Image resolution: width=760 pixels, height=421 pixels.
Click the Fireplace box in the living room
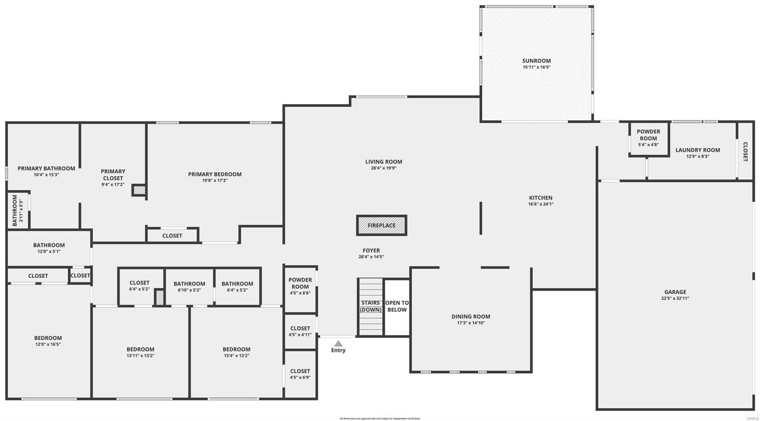click(381, 225)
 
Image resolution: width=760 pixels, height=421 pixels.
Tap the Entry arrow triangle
click(338, 344)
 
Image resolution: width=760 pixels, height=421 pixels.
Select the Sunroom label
click(536, 61)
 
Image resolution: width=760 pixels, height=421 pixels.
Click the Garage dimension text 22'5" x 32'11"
click(675, 298)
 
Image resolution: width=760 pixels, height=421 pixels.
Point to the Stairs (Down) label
click(370, 306)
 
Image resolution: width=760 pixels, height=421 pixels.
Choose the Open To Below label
click(397, 306)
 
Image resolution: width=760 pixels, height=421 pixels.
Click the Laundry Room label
click(697, 150)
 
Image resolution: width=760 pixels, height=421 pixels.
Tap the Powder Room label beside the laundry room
click(648, 135)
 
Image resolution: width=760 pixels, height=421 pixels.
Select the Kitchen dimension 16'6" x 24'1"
click(541, 204)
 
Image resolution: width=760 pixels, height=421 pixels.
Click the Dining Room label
click(471, 316)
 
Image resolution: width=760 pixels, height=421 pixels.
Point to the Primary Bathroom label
click(46, 168)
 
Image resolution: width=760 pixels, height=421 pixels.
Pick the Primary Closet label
click(113, 174)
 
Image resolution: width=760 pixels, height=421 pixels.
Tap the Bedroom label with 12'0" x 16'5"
click(48, 338)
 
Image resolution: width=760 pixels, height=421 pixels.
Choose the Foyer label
click(371, 250)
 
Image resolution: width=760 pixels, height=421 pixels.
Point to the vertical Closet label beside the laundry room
click(745, 152)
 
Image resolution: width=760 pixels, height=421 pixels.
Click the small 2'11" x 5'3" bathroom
click(18, 210)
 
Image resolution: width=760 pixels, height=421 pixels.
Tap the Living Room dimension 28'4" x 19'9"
click(383, 168)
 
